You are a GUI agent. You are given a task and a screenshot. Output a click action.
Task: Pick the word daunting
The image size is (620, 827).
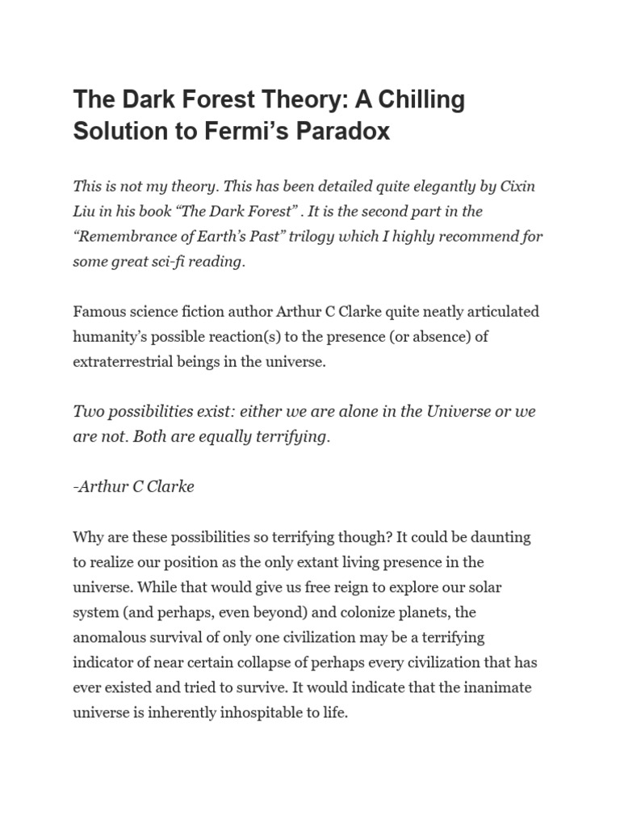point(501,537)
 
